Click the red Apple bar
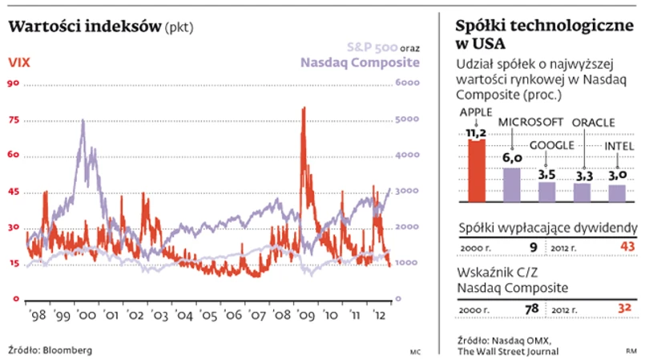[477, 171]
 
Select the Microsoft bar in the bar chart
[512, 184]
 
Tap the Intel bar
[617, 193]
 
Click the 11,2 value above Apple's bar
[477, 131]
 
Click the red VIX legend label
[20, 63]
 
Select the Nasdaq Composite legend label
[360, 63]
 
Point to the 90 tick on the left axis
[14, 83]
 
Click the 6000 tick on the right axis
[407, 83]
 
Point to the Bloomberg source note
[50, 350]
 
